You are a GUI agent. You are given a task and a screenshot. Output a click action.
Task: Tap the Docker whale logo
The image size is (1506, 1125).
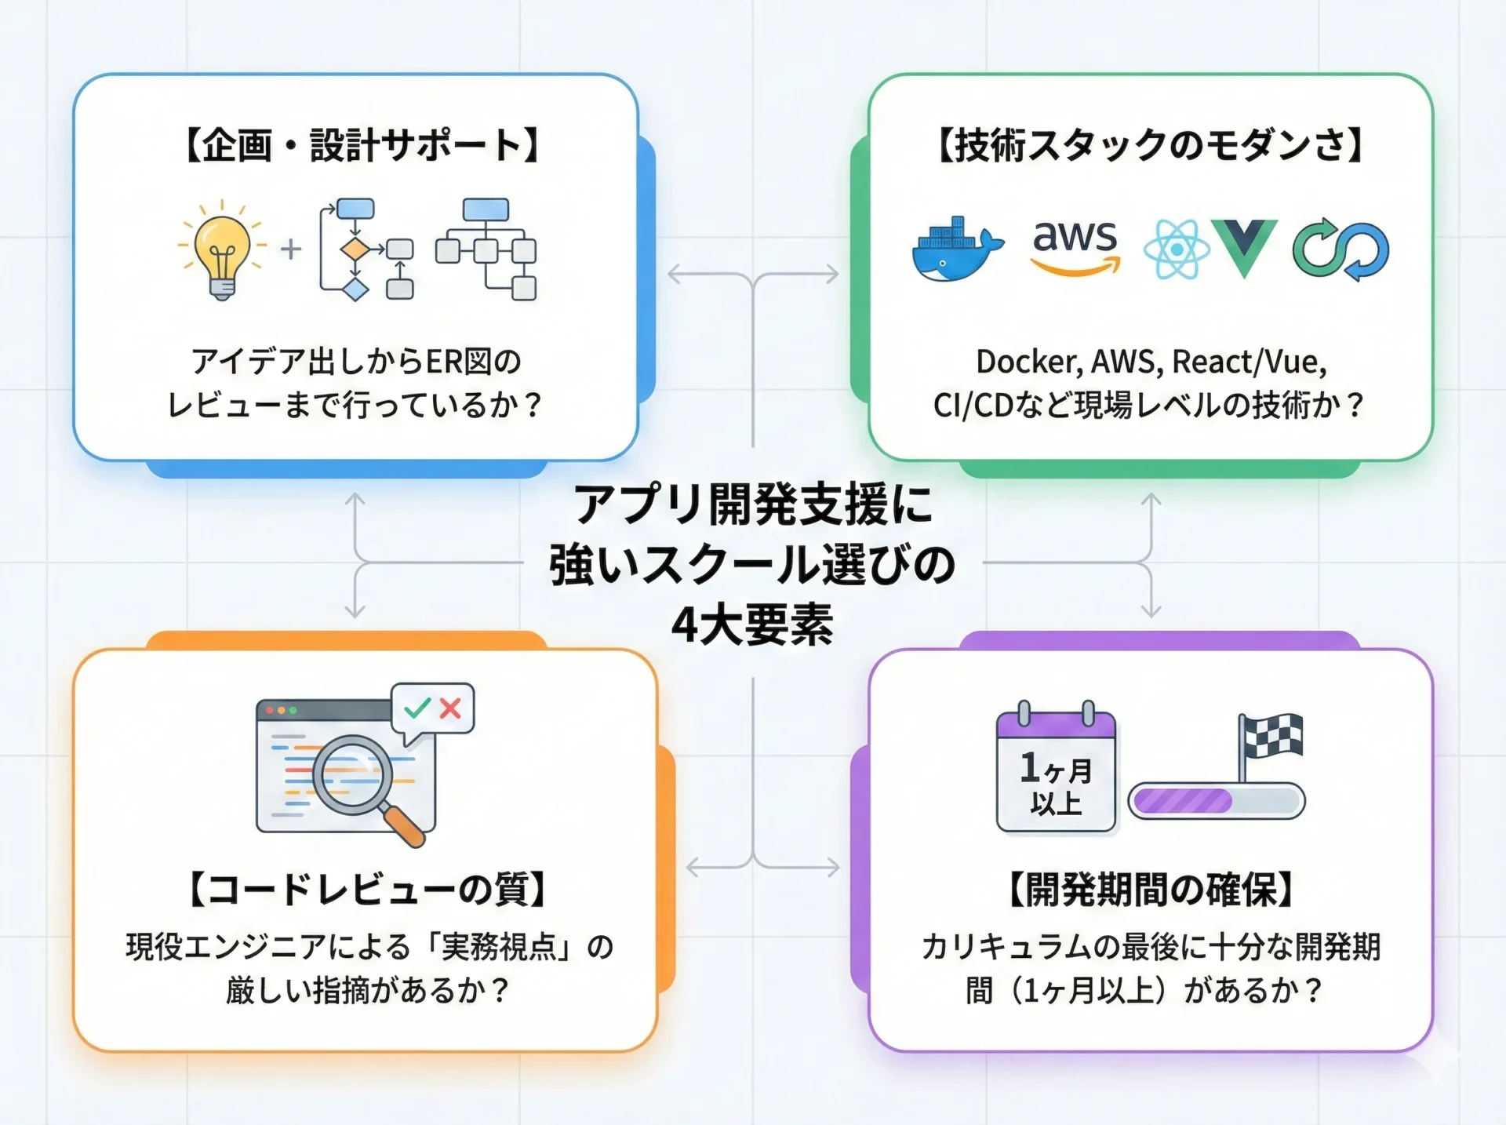click(955, 249)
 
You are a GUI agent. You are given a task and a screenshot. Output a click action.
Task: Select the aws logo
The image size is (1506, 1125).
click(1075, 246)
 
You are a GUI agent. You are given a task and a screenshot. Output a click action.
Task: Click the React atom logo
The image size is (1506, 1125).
click(1176, 249)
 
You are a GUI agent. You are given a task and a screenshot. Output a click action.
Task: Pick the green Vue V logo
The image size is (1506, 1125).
click(1244, 246)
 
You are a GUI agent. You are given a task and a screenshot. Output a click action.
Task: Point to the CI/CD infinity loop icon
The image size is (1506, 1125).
click(1340, 249)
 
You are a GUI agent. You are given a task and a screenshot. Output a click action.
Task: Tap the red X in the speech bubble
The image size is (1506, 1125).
click(450, 708)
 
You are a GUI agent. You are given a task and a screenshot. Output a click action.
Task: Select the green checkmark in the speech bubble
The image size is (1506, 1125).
click(417, 708)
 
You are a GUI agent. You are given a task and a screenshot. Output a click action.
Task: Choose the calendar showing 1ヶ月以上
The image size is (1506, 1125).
click(1056, 769)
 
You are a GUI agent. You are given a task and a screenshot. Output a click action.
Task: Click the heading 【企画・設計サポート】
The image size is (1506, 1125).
click(362, 145)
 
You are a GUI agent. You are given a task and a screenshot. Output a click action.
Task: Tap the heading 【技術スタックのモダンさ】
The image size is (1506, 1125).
click(1151, 145)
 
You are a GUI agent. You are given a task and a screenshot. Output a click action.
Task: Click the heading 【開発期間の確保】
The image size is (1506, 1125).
click(1151, 890)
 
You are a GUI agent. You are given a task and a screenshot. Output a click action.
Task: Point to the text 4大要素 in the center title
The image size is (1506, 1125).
click(752, 625)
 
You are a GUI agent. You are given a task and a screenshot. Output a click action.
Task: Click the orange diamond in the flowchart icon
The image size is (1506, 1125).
click(355, 249)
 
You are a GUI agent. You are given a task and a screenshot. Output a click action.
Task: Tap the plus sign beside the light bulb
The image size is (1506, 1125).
click(291, 249)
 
